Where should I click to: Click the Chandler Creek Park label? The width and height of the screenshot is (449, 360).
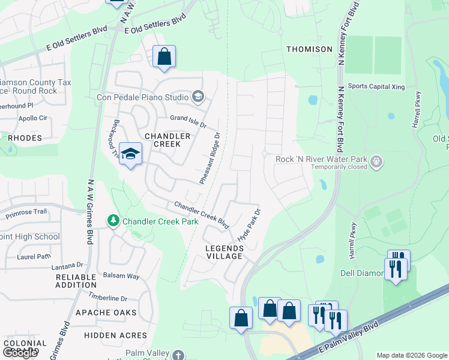coord(160,221)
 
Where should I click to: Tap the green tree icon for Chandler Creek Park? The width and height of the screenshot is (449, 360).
coord(113,221)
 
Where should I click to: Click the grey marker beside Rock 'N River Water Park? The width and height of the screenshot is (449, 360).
coord(376,160)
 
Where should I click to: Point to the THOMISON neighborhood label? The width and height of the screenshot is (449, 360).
coord(309,49)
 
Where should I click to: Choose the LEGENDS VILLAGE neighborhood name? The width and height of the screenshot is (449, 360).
coord(224,252)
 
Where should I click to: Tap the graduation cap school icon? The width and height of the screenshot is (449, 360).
coord(130,155)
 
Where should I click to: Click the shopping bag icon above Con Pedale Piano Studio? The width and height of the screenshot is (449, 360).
coord(164,58)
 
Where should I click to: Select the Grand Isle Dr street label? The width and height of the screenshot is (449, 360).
coord(188,122)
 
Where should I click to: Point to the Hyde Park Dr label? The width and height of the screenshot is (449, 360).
coord(250,225)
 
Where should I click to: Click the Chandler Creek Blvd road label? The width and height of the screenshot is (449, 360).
coord(202,215)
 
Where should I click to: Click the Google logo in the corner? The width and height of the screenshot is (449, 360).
coord(20,353)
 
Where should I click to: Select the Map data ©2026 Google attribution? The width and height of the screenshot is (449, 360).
coord(411,355)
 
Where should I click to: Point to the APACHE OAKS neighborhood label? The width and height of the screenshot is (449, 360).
coord(105,313)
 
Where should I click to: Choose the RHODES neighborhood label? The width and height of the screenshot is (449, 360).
coord(25,138)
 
